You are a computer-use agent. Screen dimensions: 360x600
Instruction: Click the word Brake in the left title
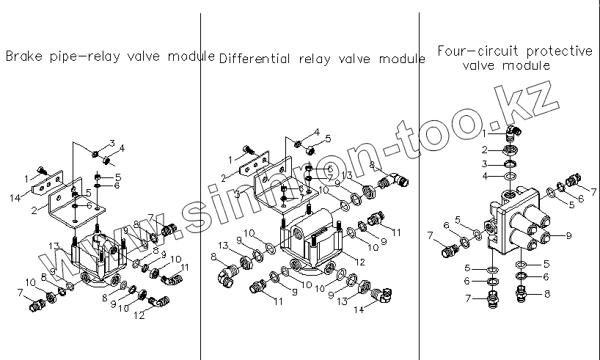click(x=21, y=56)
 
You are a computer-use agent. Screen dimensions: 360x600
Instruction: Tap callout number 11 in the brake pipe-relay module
click(x=184, y=267)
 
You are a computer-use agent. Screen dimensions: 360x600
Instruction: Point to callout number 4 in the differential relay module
click(x=316, y=132)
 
